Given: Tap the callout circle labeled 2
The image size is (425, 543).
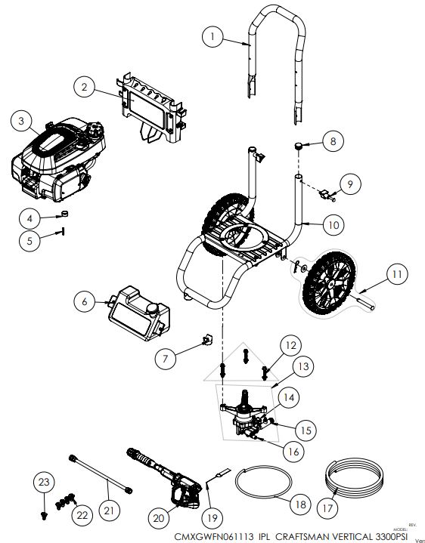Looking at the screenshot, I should point(85,88).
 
